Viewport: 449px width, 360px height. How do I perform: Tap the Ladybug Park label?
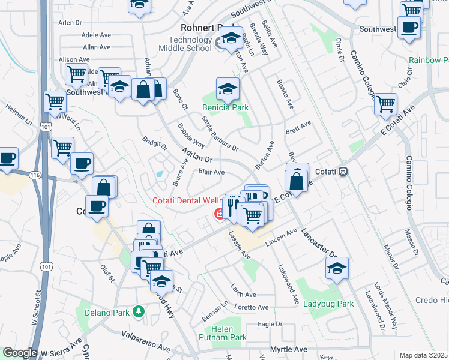[x=328, y=304]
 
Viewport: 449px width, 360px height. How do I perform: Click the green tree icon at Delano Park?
[x=139, y=311]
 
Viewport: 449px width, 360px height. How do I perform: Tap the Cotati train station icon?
[x=343, y=171]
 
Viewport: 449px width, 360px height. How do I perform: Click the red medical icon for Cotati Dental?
[x=219, y=213]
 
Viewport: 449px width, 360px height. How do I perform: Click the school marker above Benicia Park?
[x=228, y=89]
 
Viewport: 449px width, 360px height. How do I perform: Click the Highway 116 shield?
[x=35, y=174]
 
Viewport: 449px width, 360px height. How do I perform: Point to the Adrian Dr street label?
[x=197, y=157]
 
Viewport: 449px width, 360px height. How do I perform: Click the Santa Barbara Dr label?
[x=220, y=133]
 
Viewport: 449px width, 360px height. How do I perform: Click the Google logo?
[x=20, y=353]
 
